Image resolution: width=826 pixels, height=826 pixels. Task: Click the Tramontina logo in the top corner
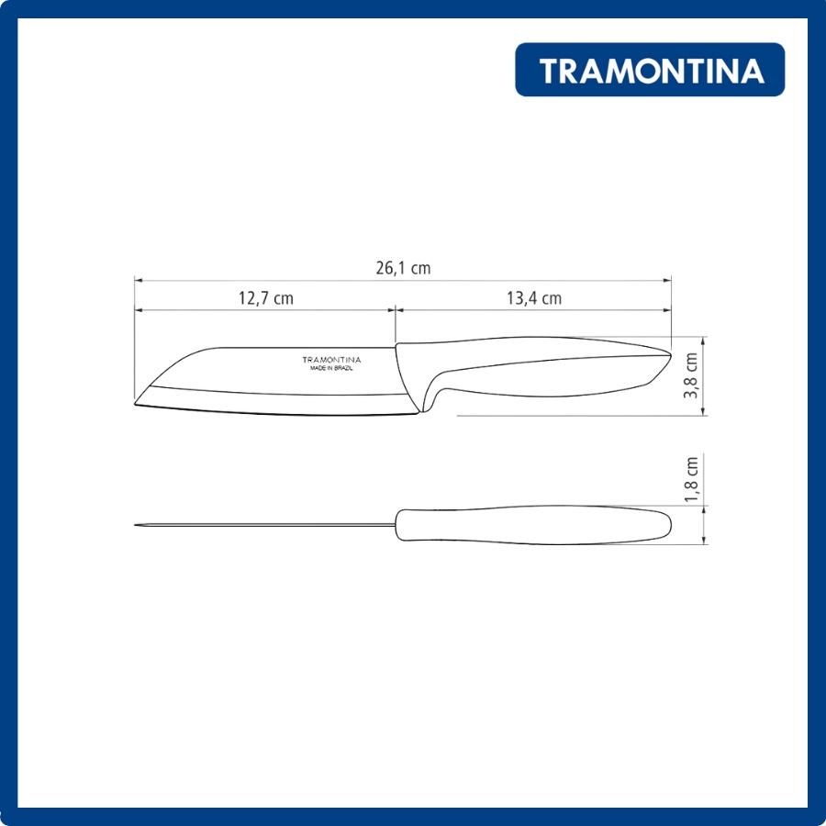(x=650, y=70)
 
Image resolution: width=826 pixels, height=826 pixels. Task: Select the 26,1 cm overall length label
(x=403, y=268)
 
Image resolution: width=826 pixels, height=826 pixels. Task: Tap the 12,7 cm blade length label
(x=266, y=298)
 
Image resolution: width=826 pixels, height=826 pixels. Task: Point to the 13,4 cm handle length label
(x=534, y=298)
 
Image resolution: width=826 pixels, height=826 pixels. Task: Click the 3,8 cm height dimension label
(x=690, y=375)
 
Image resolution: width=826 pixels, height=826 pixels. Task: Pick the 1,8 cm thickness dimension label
(x=690, y=479)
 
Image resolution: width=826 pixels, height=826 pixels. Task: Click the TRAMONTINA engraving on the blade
(x=331, y=360)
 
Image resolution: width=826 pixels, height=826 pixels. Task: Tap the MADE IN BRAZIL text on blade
(x=331, y=368)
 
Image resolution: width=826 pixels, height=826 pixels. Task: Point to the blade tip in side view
(x=136, y=404)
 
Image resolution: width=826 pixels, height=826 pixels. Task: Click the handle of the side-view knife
(x=532, y=369)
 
